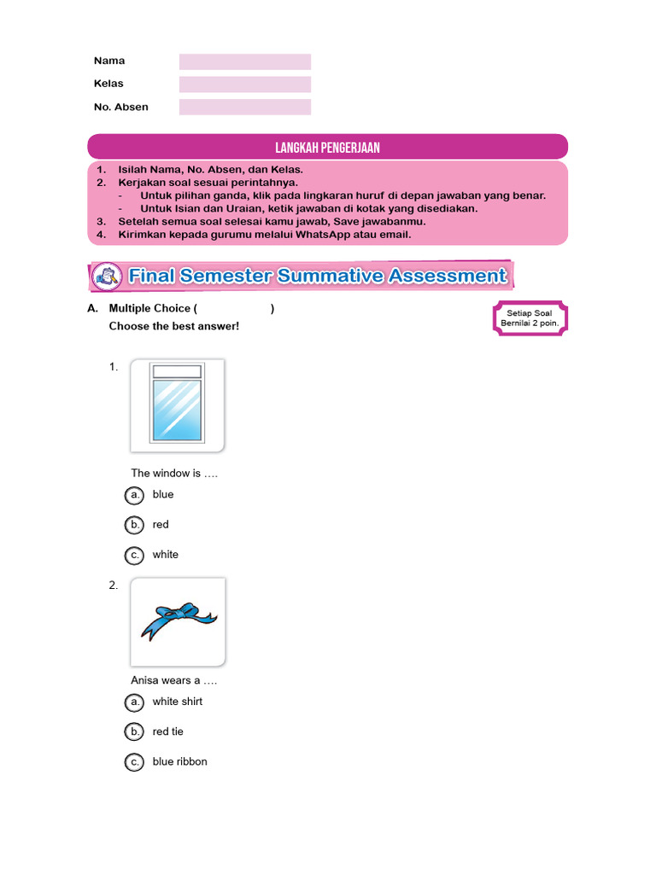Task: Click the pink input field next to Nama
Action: [245, 61]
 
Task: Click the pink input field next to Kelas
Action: [245, 84]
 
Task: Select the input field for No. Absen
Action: [245, 107]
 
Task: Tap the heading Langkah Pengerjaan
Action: [328, 148]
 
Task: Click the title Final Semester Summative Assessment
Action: [317, 276]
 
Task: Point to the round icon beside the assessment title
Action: [107, 276]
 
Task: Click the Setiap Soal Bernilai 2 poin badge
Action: [530, 318]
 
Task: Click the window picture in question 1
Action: [177, 405]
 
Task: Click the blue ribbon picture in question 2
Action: [178, 621]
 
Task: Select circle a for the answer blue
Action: [134, 495]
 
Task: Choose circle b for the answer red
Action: [134, 525]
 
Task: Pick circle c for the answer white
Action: [134, 555]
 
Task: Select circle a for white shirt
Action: [134, 702]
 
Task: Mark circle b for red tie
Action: [134, 732]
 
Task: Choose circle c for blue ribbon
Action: [134, 762]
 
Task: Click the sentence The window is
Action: [174, 473]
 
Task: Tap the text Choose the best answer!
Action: [173, 326]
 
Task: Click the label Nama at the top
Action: [109, 61]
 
